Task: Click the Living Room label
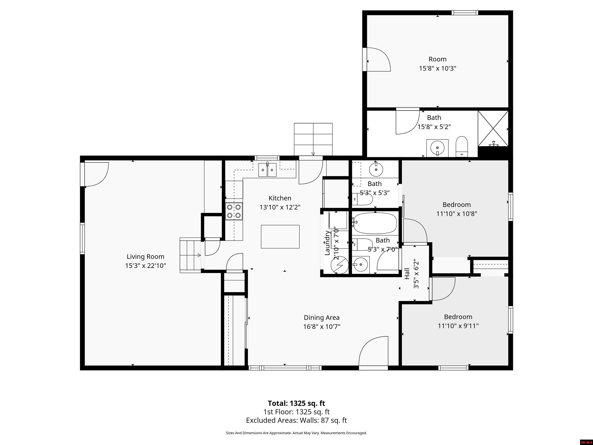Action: [145, 257]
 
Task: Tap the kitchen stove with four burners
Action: [234, 211]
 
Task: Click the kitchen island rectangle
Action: [280, 237]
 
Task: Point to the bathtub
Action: [375, 223]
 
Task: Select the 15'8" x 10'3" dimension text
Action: [438, 68]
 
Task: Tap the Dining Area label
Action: [322, 318]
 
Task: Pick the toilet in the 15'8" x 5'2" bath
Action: [462, 146]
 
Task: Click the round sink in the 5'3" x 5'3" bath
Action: [376, 169]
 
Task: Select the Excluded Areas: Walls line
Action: [296, 420]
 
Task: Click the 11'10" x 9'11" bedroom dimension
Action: [458, 326]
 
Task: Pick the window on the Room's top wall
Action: [465, 13]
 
